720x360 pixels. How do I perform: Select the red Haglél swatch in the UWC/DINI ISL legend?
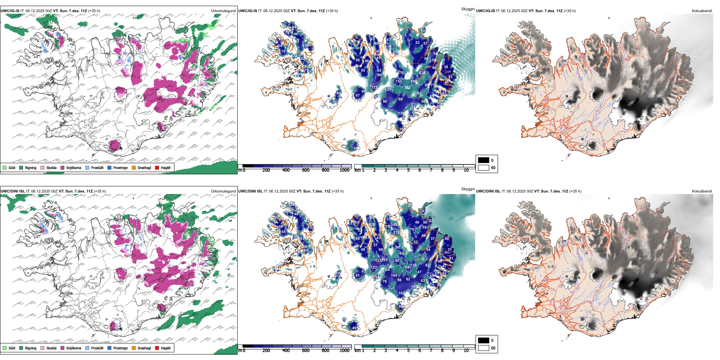(157, 348)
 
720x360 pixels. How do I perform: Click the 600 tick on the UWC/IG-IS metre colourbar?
(306, 170)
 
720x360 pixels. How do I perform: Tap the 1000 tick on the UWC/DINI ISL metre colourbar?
(344, 351)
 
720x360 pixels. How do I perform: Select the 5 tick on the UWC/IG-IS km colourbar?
(409, 170)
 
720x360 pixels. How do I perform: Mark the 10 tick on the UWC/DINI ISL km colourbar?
(466, 351)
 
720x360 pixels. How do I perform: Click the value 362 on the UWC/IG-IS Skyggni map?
(407, 88)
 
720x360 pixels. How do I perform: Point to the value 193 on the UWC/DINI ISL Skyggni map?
(414, 287)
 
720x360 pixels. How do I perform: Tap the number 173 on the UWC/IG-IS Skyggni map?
(374, 88)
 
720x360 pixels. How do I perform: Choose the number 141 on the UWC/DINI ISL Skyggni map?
(408, 268)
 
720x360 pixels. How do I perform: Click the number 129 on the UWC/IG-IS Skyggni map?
(401, 113)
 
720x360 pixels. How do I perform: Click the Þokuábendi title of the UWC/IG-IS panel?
(702, 11)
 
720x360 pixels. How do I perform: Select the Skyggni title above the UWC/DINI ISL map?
(468, 189)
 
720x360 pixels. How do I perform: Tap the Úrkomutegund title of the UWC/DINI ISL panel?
(223, 191)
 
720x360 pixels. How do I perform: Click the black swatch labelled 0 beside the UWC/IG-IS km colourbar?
(484, 160)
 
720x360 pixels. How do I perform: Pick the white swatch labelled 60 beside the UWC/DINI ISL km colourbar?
(484, 348)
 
